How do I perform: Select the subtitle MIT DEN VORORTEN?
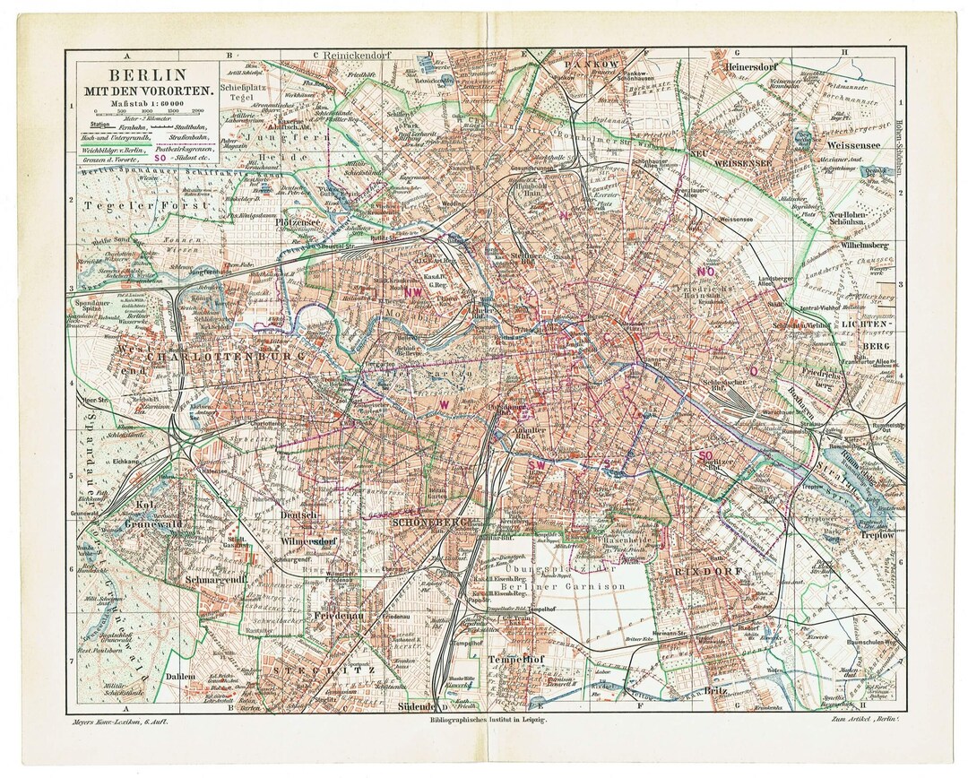[147, 91]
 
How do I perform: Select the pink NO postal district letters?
[705, 271]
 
